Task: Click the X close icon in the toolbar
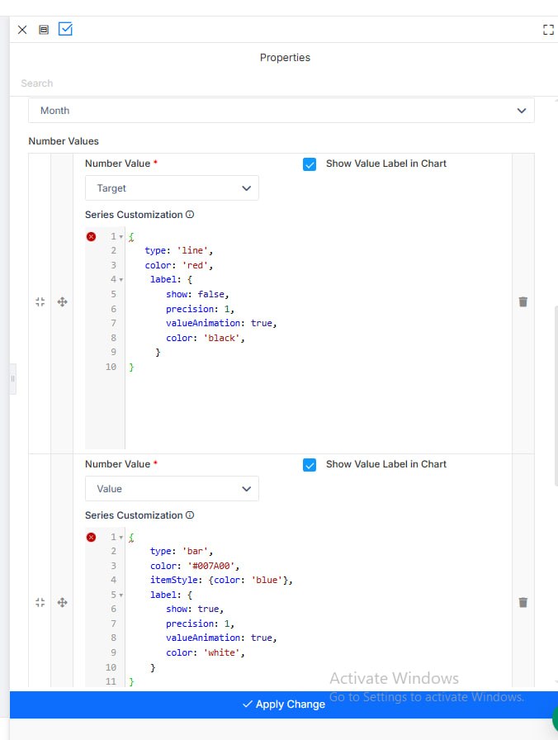point(22,30)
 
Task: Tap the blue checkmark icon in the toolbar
point(65,29)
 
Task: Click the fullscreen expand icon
point(548,30)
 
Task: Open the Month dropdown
point(281,111)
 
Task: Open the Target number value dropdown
point(172,187)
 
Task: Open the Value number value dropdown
point(172,488)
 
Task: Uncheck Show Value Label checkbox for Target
point(310,164)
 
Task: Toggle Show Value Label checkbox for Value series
point(310,465)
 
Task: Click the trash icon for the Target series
point(523,301)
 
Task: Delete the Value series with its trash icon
point(523,602)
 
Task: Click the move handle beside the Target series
point(62,301)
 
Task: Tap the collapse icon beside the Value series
point(40,602)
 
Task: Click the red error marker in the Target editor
point(91,236)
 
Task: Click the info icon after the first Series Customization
point(190,214)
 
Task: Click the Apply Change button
point(284,704)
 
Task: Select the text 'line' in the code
point(192,250)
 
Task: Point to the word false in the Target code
point(210,294)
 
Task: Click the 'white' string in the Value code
point(222,652)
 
